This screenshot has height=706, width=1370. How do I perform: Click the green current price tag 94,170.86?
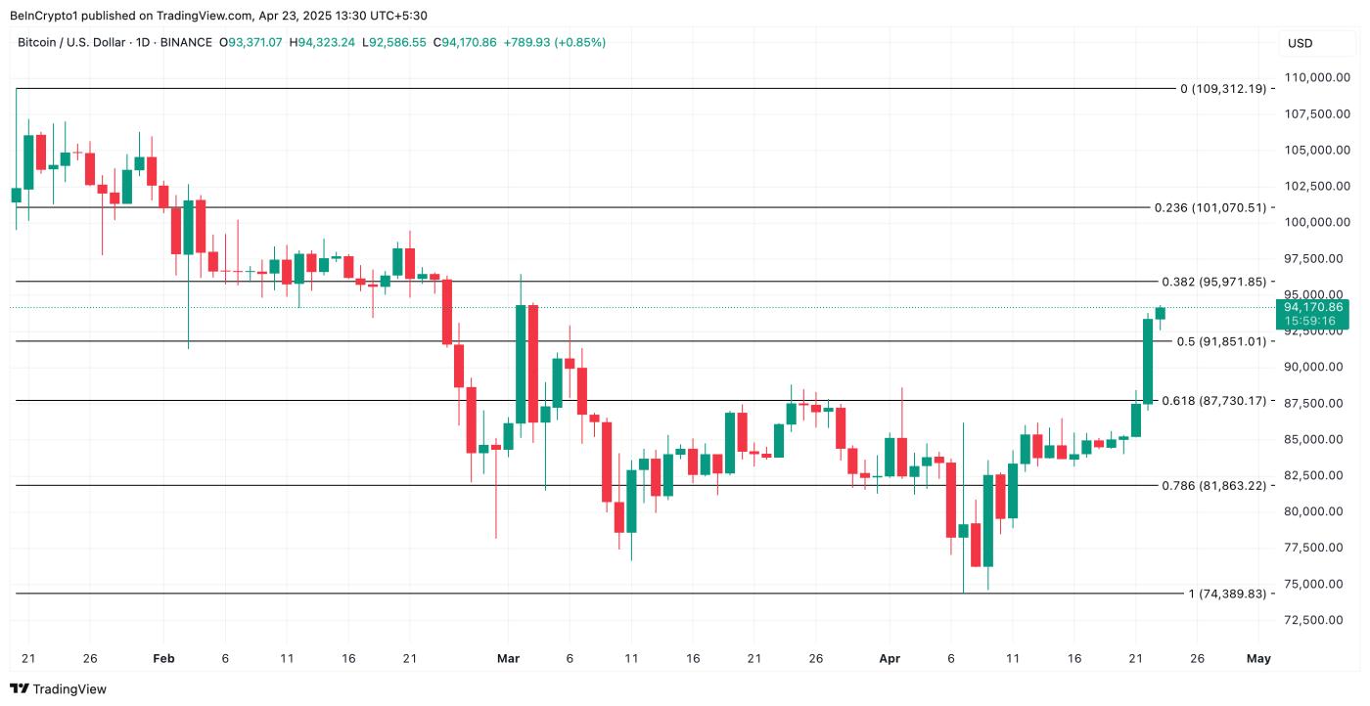coord(1312,307)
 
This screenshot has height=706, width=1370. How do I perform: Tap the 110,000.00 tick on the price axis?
coord(1311,77)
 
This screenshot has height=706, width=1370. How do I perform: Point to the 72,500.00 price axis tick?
coord(1311,620)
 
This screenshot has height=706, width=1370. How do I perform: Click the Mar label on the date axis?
coord(508,658)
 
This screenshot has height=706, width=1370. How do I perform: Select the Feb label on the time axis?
coord(163,658)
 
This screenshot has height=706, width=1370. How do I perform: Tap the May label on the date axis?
coord(1258,658)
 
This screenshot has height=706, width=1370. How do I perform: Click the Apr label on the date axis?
coord(890,658)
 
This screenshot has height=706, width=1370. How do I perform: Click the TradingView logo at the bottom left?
coord(58,688)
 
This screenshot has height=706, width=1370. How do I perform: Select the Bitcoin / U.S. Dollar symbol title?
coord(81,43)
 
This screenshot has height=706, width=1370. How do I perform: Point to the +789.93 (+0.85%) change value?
coord(555,43)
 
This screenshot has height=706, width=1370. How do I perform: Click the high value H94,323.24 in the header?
coord(322,43)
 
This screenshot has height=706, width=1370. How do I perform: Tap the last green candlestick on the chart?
coord(1160,313)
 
